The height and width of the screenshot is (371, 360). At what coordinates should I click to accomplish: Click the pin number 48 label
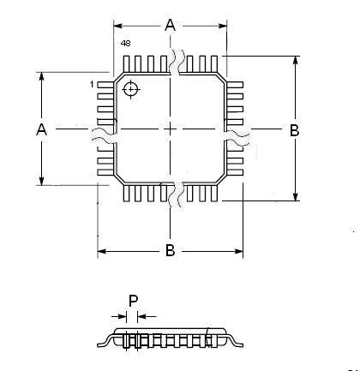pyautogui.click(x=125, y=44)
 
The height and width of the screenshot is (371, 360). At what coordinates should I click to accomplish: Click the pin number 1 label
pyautogui.click(x=92, y=85)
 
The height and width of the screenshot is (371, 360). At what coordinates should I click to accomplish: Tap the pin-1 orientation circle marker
pyautogui.click(x=131, y=89)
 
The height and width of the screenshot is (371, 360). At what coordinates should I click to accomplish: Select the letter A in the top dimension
pyautogui.click(x=171, y=25)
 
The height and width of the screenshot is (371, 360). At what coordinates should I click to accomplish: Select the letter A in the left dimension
pyautogui.click(x=42, y=129)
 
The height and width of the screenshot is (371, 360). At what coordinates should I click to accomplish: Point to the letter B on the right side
pyautogui.click(x=295, y=130)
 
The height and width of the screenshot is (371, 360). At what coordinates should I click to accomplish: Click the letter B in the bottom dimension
pyautogui.click(x=170, y=251)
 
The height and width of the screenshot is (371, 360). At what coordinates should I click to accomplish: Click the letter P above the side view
pyautogui.click(x=133, y=301)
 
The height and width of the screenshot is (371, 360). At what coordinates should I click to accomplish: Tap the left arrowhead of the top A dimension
pyautogui.click(x=118, y=26)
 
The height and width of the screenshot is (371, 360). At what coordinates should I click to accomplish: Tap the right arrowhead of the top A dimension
pyautogui.click(x=223, y=26)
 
